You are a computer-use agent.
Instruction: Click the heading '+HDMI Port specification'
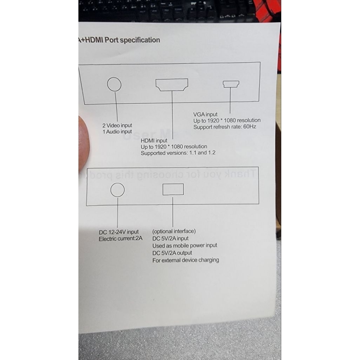[120, 40]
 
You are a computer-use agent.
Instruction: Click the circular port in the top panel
[114, 84]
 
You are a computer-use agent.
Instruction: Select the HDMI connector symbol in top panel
[172, 85]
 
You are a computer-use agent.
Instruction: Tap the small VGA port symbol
[231, 84]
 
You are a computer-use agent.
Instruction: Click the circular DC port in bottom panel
[117, 190]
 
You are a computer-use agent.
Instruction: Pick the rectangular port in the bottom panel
[173, 189]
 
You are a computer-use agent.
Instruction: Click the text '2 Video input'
[117, 126]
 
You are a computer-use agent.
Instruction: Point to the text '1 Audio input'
[117, 131]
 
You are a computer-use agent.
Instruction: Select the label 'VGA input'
[205, 114]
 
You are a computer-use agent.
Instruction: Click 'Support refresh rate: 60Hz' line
[225, 127]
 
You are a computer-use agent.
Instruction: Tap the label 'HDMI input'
[154, 141]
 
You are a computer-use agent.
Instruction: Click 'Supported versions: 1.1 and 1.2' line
[178, 153]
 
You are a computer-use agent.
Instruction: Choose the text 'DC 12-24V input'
[119, 232]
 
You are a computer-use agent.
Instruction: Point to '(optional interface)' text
[174, 231]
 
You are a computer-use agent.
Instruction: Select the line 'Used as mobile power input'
[185, 245]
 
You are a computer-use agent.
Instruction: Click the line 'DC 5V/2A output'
[172, 253]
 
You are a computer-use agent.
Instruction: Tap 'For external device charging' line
[186, 260]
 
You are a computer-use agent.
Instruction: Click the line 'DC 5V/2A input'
[171, 238]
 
